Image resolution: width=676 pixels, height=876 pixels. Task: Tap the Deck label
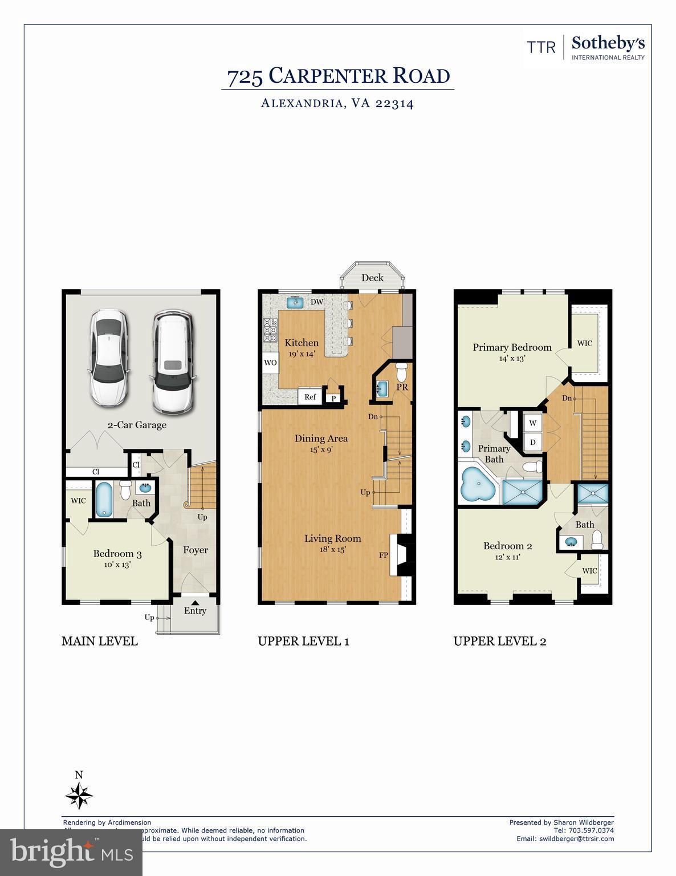(x=373, y=278)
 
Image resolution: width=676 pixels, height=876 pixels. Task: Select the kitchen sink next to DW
(x=295, y=302)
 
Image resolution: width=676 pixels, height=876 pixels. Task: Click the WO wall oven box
(x=270, y=363)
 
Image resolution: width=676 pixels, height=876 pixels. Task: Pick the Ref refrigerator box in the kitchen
(x=310, y=397)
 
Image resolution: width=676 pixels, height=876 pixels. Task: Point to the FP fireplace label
(x=383, y=555)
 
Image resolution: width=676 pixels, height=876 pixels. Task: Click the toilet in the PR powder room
(x=402, y=371)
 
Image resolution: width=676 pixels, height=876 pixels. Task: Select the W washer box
(x=533, y=423)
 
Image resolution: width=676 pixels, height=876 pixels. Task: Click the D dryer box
(x=533, y=442)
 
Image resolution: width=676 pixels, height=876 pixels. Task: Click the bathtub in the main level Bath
(x=104, y=500)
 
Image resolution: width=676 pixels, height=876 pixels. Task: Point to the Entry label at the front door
(x=195, y=611)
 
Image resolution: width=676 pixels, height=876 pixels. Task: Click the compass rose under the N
(x=79, y=796)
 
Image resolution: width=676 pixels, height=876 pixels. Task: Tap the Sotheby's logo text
(x=608, y=43)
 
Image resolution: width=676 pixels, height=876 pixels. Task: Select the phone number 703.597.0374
(x=591, y=830)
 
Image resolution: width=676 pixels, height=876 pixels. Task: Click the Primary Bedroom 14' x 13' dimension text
(x=512, y=359)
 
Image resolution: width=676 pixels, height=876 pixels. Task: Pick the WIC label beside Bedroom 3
(x=78, y=501)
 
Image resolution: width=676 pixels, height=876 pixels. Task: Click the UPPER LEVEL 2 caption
(x=500, y=641)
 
